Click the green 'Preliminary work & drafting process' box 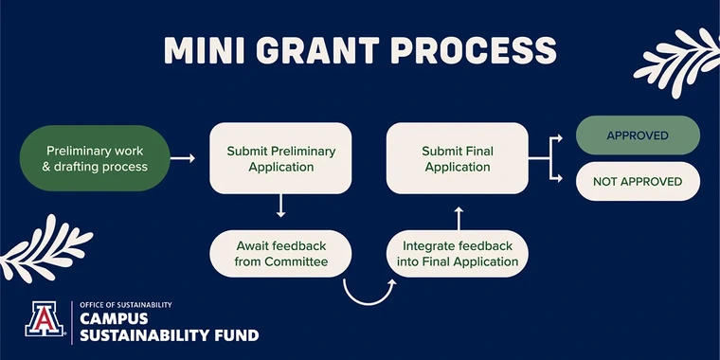pos(98,158)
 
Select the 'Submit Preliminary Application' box pos(280,158)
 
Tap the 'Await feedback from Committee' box pos(280,254)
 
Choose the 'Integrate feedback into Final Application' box pos(459,254)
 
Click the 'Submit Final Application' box pos(458,158)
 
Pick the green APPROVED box pos(638,135)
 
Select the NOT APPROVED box pos(638,181)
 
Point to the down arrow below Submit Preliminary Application pos(280,208)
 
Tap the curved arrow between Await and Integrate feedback pos(368,291)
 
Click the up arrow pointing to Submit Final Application pos(459,214)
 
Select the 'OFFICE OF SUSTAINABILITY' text pos(126,305)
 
